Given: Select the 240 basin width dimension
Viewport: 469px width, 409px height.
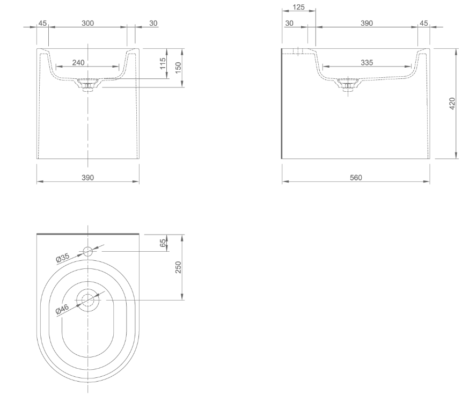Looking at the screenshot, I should pyautogui.click(x=78, y=62).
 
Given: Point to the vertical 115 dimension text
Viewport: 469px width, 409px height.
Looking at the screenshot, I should pyautogui.click(x=163, y=63).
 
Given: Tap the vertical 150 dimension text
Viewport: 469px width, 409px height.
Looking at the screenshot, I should pyautogui.click(x=178, y=67).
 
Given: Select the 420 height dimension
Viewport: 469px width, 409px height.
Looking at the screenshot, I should pyautogui.click(x=452, y=104).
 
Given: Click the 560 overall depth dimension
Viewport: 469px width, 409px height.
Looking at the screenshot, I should pyautogui.click(x=355, y=178).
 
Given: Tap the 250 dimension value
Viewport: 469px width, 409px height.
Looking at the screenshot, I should pyautogui.click(x=178, y=267).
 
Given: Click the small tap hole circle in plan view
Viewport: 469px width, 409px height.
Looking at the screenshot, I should pyautogui.click(x=88, y=251).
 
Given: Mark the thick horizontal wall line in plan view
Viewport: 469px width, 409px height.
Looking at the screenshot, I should pyautogui.click(x=88, y=234).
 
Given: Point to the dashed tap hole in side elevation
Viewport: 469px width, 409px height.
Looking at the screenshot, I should pyautogui.click(x=298, y=51).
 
